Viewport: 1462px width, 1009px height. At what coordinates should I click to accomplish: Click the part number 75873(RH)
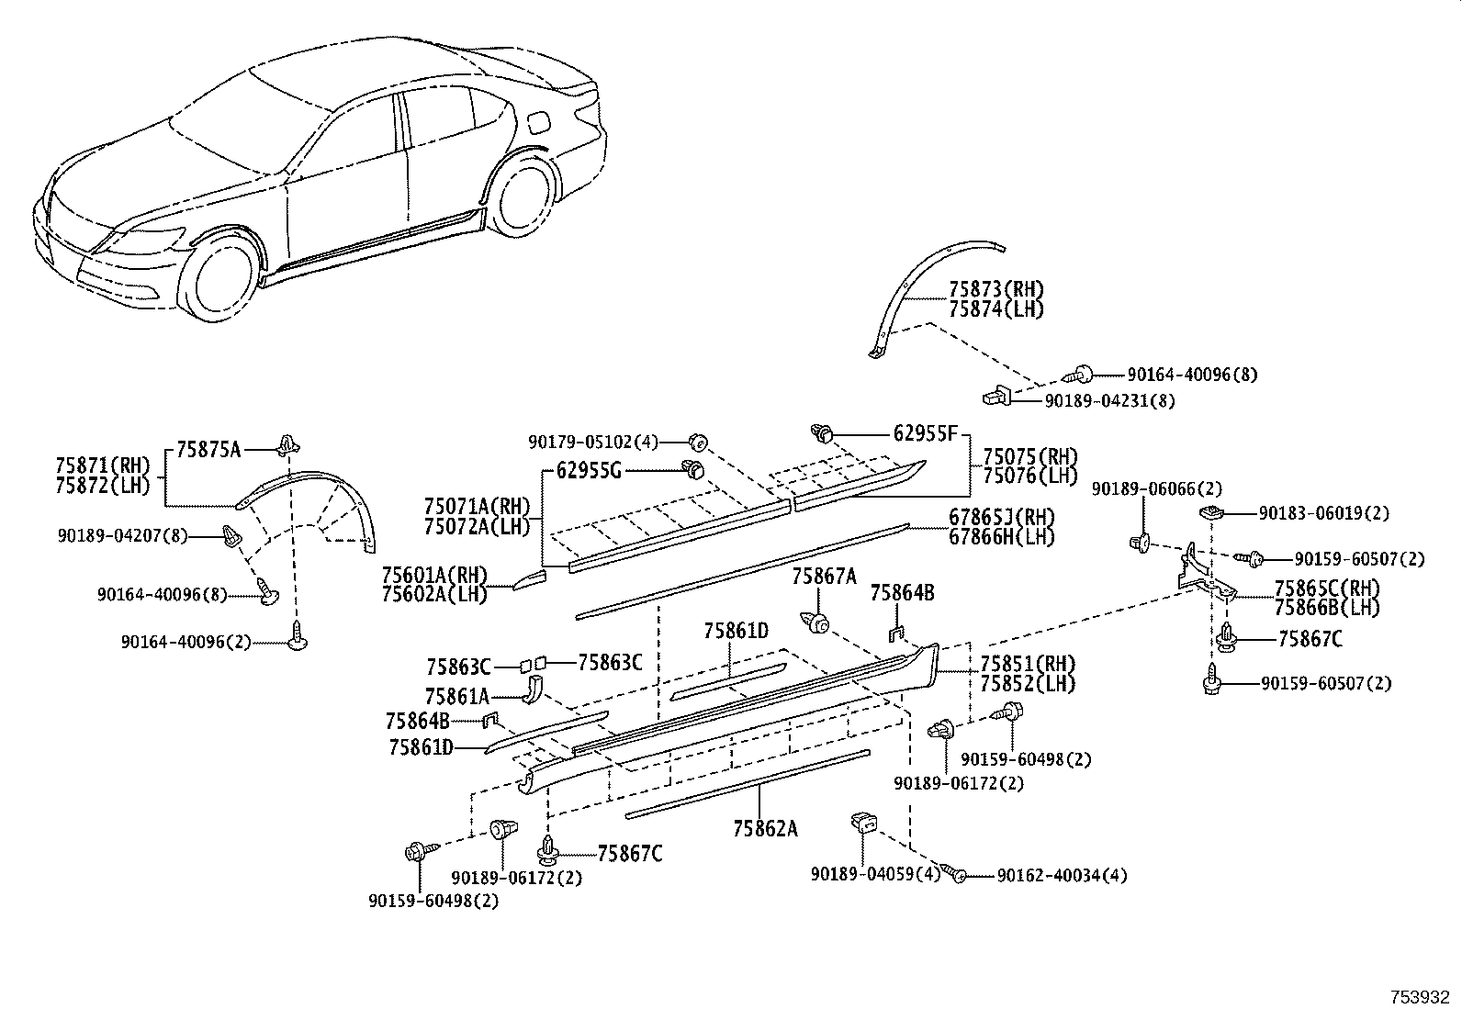996,290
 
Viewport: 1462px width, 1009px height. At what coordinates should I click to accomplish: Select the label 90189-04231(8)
1108,400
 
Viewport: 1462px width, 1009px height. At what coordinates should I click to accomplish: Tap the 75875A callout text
208,449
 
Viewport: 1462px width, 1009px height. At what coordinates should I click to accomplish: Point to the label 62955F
926,433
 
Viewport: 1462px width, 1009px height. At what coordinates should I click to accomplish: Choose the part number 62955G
590,472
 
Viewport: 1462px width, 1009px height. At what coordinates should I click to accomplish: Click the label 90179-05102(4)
593,442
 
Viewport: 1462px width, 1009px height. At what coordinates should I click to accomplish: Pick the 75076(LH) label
1030,476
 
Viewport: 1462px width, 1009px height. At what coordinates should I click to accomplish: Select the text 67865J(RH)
1002,517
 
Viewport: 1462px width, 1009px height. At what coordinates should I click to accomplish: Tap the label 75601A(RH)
433,574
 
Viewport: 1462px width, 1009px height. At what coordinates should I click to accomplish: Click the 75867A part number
824,576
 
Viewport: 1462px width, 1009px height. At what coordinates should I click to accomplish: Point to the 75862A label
765,829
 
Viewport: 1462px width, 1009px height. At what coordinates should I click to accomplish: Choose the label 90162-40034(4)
1062,876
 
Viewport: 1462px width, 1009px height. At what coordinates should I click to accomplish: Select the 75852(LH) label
1027,684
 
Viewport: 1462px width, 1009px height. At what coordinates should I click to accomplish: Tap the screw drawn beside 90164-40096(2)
297,635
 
